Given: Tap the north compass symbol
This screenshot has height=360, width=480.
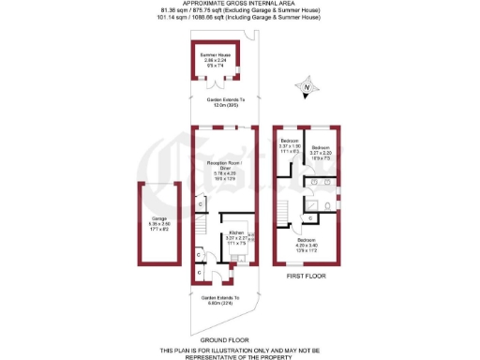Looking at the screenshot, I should point(306,91).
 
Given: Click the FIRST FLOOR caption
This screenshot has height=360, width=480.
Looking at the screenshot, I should point(306,277).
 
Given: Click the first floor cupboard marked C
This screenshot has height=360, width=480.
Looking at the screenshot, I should point(310,217).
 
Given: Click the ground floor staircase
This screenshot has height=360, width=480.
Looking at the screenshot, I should point(200,225).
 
